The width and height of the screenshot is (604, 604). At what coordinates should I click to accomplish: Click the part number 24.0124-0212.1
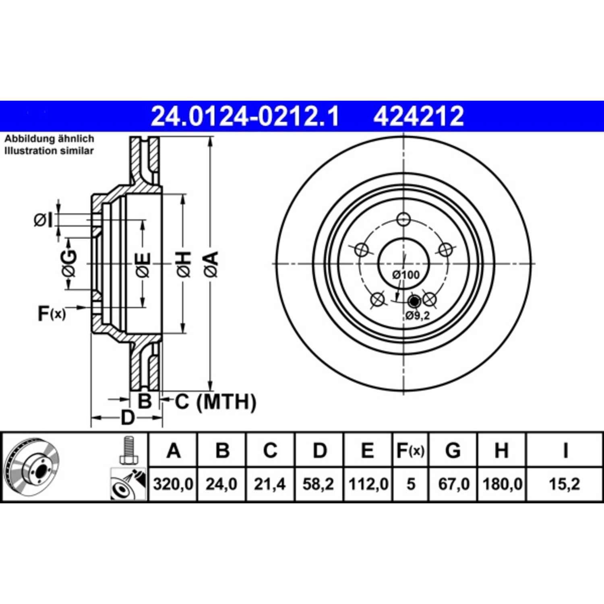click(x=245, y=116)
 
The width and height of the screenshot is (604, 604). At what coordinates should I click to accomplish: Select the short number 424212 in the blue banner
click(x=418, y=116)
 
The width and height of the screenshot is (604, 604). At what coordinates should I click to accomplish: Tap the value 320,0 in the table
click(x=173, y=484)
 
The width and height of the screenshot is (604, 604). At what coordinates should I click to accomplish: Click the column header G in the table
click(x=453, y=450)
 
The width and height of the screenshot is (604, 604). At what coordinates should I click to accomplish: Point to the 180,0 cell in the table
click(x=502, y=484)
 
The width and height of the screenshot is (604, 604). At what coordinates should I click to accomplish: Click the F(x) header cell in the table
click(x=410, y=450)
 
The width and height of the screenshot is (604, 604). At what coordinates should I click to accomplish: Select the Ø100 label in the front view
click(x=406, y=275)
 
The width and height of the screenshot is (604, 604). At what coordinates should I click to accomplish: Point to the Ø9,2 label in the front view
click(x=418, y=315)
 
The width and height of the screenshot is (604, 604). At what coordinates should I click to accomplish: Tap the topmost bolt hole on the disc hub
click(x=403, y=219)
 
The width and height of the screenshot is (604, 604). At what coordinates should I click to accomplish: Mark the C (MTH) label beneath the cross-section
click(x=215, y=401)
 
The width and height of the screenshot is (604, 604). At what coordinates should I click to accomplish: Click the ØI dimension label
click(x=43, y=220)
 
